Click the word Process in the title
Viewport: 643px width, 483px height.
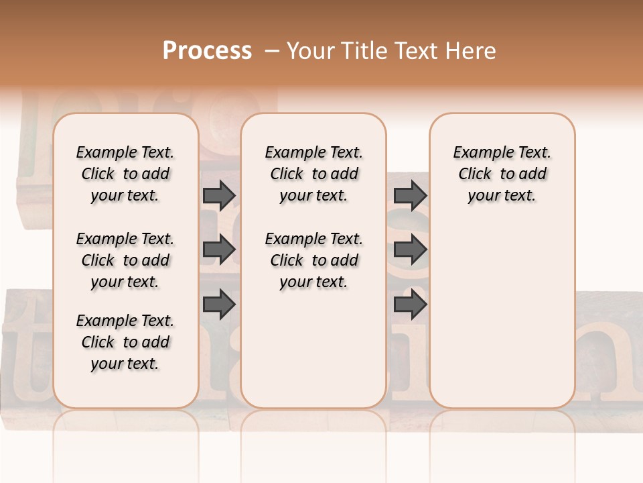[207, 51]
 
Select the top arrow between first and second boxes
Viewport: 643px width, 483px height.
[219, 195]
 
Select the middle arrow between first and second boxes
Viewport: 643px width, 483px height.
[219, 250]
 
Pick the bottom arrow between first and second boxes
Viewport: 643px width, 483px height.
[219, 304]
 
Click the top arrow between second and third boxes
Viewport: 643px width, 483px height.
[410, 195]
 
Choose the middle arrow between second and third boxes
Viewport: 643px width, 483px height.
[410, 250]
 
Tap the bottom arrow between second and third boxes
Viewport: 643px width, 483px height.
[410, 304]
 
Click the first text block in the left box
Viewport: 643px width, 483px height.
[125, 174]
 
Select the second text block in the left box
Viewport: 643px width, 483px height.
[125, 260]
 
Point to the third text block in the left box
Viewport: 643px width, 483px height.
[125, 342]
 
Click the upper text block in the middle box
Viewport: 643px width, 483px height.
[313, 174]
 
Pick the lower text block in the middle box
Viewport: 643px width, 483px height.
[313, 260]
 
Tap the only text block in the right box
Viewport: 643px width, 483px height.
[502, 174]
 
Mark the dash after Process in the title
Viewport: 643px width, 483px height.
[271, 51]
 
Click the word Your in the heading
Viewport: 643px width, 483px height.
[311, 51]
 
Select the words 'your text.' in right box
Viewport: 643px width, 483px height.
[502, 196]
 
